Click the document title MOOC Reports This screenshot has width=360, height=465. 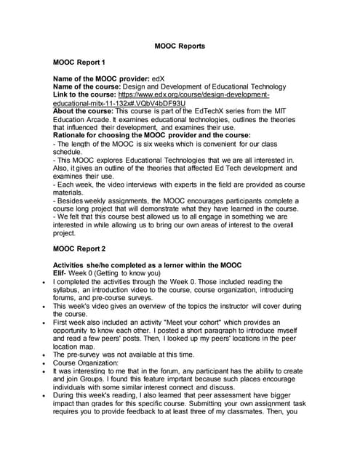point(180,46)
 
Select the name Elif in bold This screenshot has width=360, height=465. point(61,272)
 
